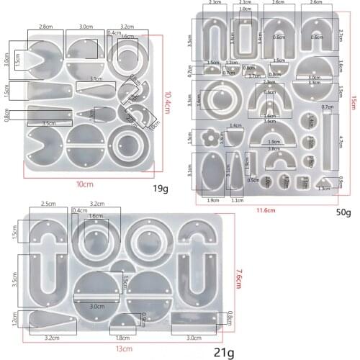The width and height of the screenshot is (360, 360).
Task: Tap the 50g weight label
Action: click(x=343, y=212)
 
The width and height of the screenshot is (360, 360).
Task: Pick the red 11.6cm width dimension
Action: click(x=266, y=210)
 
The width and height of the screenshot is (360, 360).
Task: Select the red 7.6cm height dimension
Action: click(x=240, y=276)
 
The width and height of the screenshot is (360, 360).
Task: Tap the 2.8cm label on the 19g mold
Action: click(x=45, y=27)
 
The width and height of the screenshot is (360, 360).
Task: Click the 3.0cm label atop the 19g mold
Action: click(x=84, y=27)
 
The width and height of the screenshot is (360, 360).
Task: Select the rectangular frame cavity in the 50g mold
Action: click(x=246, y=40)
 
